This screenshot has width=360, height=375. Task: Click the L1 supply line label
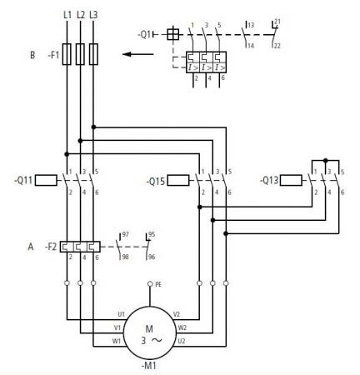(67, 15)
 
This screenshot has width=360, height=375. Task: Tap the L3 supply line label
(93, 15)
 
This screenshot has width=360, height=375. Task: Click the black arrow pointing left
(138, 54)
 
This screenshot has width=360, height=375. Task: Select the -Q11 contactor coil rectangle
(46, 180)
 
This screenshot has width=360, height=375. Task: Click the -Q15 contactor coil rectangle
(178, 180)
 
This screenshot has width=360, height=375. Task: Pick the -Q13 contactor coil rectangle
(291, 180)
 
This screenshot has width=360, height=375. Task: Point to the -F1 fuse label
(53, 55)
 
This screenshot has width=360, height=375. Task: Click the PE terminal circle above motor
(150, 283)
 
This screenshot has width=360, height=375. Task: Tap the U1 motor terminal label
(121, 314)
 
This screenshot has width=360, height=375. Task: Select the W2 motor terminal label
(182, 327)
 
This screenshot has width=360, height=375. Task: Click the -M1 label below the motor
(149, 366)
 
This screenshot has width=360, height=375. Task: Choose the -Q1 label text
(145, 35)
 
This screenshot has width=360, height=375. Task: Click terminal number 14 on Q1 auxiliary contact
(251, 45)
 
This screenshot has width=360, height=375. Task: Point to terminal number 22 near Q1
(277, 46)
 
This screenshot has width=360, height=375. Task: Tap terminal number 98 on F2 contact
(126, 257)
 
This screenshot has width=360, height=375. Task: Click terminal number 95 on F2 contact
(152, 235)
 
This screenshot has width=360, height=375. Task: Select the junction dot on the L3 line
(93, 127)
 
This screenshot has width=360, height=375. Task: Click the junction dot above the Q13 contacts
(326, 160)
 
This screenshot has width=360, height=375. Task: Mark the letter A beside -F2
(31, 247)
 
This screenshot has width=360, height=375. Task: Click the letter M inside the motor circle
(149, 329)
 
